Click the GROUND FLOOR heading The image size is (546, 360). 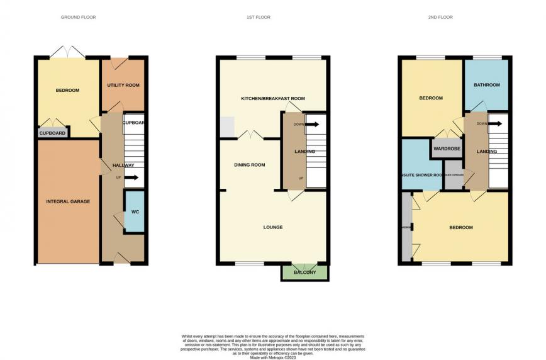click(78, 17)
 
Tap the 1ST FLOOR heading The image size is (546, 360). click(258, 17)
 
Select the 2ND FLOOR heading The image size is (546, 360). click(440, 17)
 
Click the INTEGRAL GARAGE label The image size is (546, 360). click(68, 201)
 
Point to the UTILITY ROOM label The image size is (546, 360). click(123, 85)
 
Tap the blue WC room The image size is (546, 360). click(135, 211)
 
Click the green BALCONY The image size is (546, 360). click(304, 273)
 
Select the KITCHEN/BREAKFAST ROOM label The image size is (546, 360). click(273, 99)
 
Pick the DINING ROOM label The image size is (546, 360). click(250, 165)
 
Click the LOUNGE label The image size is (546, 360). click(273, 227)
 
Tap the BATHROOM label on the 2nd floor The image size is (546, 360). click(487, 85)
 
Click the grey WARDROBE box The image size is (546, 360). click(447, 149)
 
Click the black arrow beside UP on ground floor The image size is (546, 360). click(131, 177)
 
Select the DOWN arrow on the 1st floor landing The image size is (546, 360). click(312, 124)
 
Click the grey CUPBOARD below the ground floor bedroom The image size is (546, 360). click(53, 133)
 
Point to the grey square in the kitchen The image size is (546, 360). click(226, 128)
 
